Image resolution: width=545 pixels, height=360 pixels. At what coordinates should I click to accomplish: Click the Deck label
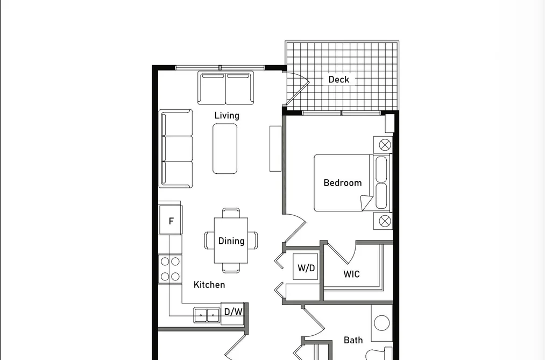[x=338, y=80]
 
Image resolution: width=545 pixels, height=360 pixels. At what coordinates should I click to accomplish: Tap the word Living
[x=227, y=115]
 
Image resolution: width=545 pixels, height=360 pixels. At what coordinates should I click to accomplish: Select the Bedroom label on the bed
[x=342, y=183]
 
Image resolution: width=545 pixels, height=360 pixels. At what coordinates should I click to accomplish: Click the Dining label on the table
[x=231, y=241]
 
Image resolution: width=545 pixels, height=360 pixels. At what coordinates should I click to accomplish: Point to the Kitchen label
[x=209, y=285]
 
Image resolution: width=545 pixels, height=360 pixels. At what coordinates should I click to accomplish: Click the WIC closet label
[x=351, y=274]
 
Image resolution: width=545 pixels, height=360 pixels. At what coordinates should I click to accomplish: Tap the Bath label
[x=353, y=340]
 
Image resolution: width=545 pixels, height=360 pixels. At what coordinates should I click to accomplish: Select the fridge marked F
[x=171, y=220]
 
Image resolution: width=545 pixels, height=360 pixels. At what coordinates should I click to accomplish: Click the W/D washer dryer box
[x=306, y=267]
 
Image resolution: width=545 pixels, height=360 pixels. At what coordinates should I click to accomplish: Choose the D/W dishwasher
[x=232, y=313]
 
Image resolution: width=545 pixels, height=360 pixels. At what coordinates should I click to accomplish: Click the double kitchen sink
[x=207, y=315]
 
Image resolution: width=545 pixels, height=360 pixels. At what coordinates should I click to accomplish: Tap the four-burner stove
[x=170, y=269]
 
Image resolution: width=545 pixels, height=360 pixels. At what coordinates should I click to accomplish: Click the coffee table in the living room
[x=225, y=149]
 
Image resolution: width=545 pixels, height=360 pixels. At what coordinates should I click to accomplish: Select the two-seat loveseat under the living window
[x=225, y=88]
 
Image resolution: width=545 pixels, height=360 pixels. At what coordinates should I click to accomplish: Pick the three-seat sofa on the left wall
[x=176, y=149]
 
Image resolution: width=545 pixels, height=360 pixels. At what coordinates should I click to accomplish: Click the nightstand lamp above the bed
[x=385, y=145]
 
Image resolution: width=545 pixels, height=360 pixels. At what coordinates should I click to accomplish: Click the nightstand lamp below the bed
[x=385, y=221]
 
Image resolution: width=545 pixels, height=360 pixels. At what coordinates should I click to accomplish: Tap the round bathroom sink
[x=381, y=323]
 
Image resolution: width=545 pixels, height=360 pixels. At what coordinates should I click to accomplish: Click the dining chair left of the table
[x=209, y=241]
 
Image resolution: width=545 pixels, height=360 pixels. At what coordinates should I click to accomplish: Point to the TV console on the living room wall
[x=275, y=149]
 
